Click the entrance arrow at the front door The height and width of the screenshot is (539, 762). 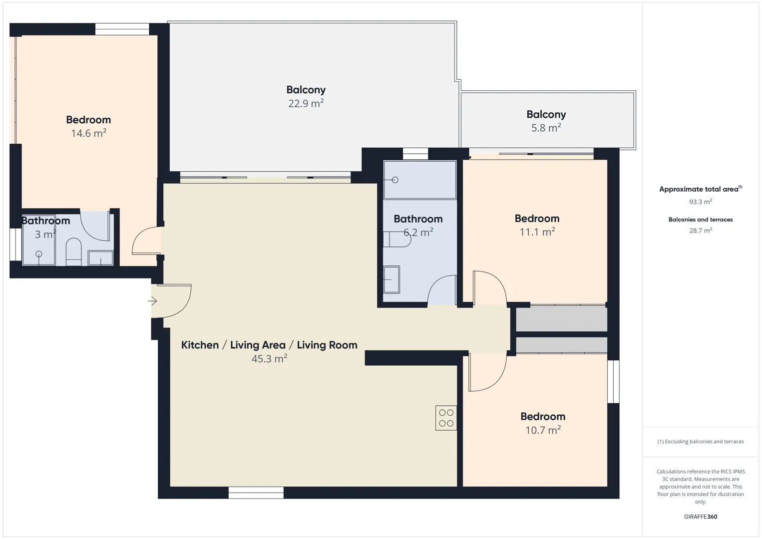[x=152, y=301]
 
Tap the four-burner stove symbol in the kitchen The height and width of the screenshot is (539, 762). [x=446, y=418]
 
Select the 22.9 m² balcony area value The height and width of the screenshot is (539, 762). [x=306, y=103]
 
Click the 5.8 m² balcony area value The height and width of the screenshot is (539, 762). [x=546, y=128]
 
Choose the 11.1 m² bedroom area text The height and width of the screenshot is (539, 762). [x=537, y=232]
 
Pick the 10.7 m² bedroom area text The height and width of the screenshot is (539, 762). [x=543, y=430]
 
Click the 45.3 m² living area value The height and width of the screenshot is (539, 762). [x=269, y=358]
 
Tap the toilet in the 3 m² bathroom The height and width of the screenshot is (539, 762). [x=73, y=252]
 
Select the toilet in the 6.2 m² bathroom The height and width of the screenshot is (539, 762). [x=397, y=239]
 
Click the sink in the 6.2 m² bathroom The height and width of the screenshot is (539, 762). [x=391, y=279]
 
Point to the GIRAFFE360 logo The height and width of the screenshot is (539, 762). [x=701, y=517]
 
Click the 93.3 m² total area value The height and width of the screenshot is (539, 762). [x=701, y=202]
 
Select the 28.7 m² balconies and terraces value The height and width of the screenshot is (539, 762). [x=701, y=230]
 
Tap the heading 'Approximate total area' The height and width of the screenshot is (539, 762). [x=701, y=189]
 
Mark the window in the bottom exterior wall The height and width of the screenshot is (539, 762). [x=256, y=493]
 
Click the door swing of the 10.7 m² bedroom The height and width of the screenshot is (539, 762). [x=488, y=372]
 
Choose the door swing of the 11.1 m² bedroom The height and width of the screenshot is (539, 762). [x=490, y=287]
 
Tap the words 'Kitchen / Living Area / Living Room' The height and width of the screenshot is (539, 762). [x=269, y=345]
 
